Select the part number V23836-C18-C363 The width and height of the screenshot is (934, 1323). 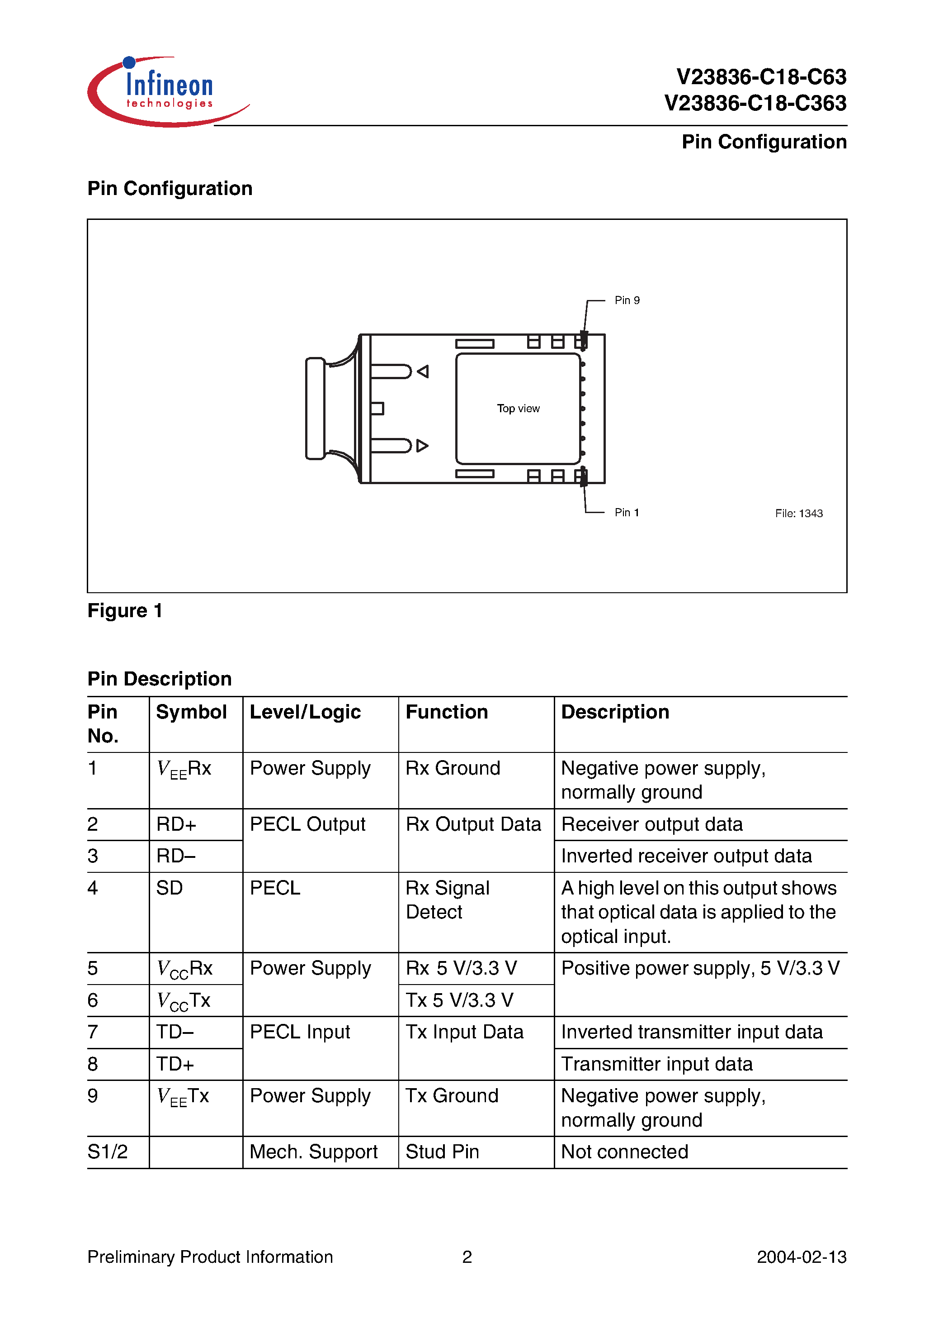[x=755, y=104]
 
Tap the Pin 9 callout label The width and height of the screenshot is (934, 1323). [x=627, y=300]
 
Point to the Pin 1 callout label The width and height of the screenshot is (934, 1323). [x=627, y=512]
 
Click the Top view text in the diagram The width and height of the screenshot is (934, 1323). [x=518, y=409]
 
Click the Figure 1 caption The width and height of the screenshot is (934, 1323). [x=125, y=611]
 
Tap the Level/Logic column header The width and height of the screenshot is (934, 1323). [x=305, y=712]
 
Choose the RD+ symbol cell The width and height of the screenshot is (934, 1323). [x=176, y=824]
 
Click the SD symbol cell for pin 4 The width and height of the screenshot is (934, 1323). [x=169, y=888]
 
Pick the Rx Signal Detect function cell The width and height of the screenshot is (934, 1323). [x=448, y=900]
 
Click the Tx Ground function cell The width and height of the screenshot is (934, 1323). [x=452, y=1096]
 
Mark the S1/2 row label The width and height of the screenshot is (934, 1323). [x=108, y=1152]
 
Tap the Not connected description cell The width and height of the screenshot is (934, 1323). [x=625, y=1152]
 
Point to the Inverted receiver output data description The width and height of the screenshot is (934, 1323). [x=686, y=856]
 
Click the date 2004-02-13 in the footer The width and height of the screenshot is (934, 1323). [x=801, y=1257]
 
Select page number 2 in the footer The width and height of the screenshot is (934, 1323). [x=467, y=1257]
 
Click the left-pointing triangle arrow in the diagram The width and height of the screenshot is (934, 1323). [x=423, y=371]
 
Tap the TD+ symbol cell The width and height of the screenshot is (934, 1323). [x=175, y=1064]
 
